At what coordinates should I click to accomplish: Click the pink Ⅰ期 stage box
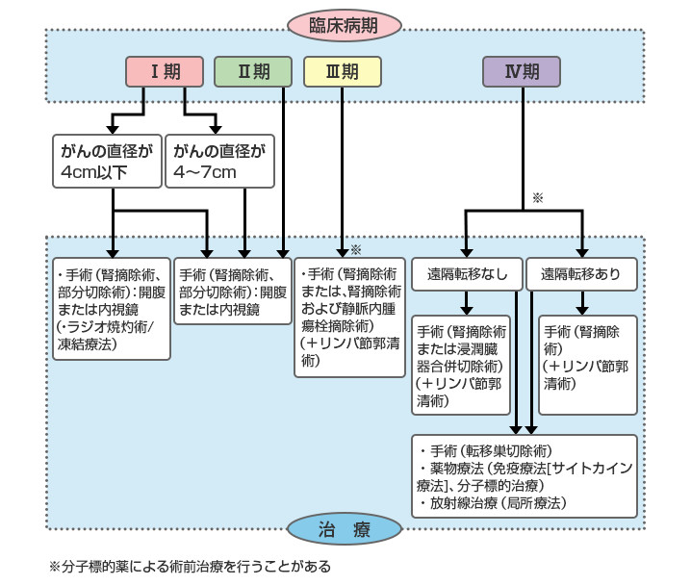tap(166, 71)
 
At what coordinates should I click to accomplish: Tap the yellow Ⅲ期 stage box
tap(342, 71)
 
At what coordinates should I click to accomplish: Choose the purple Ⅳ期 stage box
tap(522, 71)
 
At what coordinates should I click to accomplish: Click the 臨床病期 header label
tap(343, 26)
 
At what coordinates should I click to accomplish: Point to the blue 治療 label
tap(343, 529)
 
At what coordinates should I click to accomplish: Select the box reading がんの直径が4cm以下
tap(106, 163)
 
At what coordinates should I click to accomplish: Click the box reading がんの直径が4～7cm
tap(219, 163)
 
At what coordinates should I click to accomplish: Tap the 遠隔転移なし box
tap(467, 273)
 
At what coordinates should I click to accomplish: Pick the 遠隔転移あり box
tap(580, 273)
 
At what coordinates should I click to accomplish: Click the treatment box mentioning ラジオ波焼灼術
tap(111, 308)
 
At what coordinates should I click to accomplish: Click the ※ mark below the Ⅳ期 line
tap(538, 197)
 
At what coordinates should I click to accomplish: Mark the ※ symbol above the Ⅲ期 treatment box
tap(356, 248)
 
